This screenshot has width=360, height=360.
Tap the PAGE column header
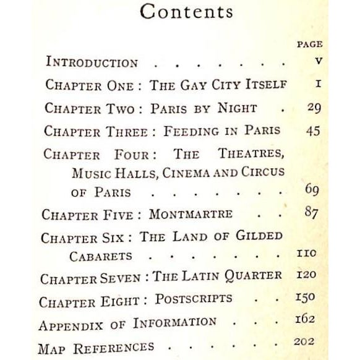309,45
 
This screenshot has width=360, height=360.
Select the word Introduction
92,63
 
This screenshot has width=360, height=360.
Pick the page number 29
314,108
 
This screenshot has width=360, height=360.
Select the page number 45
312,131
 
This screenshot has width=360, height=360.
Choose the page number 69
312,189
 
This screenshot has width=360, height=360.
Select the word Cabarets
102,255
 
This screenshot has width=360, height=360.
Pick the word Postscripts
193,299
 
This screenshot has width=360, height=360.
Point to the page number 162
305,319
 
